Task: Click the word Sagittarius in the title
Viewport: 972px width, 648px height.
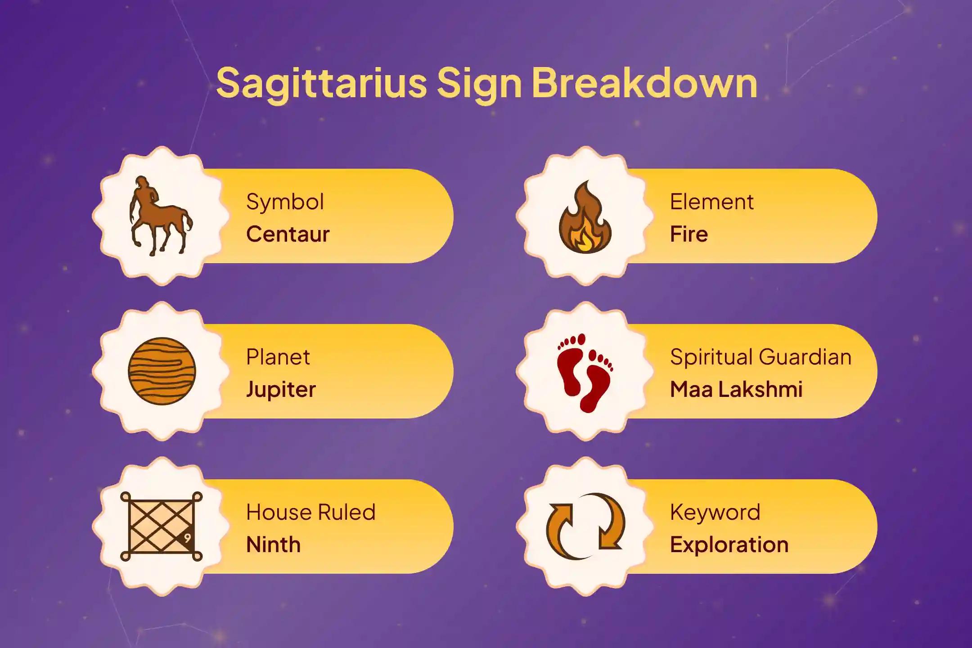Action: [x=321, y=83]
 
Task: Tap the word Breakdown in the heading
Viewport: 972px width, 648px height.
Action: [x=644, y=83]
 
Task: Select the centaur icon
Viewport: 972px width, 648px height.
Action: [x=160, y=216]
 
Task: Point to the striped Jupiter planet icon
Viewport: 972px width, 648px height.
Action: [x=162, y=371]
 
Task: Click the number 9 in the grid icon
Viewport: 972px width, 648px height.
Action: [x=187, y=538]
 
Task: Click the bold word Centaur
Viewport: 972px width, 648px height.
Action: [x=288, y=234]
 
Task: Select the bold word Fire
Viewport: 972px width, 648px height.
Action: [x=688, y=234]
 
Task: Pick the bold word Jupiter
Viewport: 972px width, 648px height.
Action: [x=281, y=389]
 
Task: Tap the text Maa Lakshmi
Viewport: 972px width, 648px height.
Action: [x=736, y=389]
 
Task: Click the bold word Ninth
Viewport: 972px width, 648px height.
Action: [x=273, y=544]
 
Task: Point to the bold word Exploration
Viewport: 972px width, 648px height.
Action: [x=729, y=544]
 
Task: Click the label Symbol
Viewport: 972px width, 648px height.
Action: [x=285, y=202]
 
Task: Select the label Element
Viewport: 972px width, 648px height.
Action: [x=711, y=202]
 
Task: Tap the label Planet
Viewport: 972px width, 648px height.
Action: [x=278, y=357]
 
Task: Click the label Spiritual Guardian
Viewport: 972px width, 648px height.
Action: [x=760, y=357]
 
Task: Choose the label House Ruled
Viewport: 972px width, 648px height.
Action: [x=310, y=512]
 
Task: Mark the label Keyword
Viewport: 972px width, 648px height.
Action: [x=715, y=512]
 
